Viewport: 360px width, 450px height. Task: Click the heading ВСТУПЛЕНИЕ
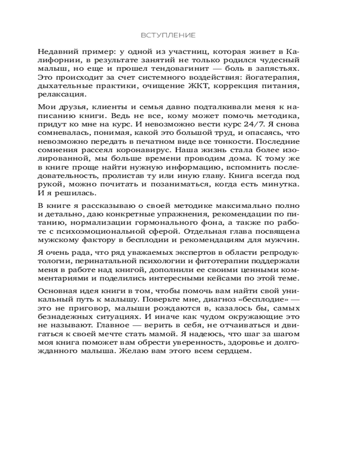[x=168, y=35]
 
